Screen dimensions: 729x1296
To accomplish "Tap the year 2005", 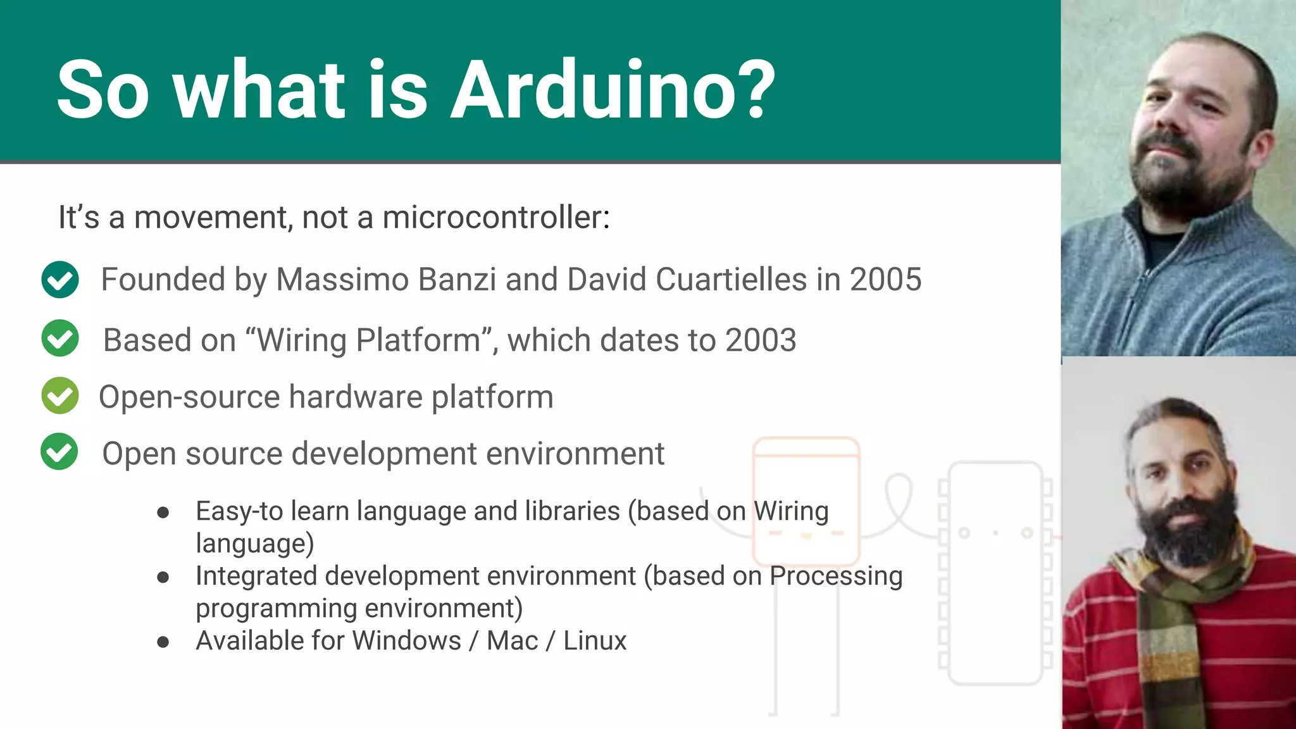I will coord(885,280).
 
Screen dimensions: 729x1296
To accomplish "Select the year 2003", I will coord(761,340).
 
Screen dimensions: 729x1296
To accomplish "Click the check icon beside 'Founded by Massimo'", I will coord(60,280).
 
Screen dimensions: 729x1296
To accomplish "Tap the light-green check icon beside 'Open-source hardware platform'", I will coord(60,396).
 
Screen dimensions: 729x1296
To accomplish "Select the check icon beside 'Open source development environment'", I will coord(59,452).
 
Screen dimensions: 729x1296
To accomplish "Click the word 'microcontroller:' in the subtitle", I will coord(496,218).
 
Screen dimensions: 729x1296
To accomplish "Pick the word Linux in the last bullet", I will coord(595,641).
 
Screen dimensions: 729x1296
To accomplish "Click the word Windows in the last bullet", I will coord(407,641).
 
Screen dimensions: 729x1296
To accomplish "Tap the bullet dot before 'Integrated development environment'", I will coord(163,577).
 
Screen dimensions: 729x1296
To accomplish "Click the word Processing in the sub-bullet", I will coord(836,576).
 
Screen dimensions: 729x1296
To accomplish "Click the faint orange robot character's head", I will coord(806,500).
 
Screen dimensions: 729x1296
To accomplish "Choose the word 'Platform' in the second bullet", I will coord(418,340).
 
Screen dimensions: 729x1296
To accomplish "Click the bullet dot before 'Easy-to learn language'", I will coord(163,513).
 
